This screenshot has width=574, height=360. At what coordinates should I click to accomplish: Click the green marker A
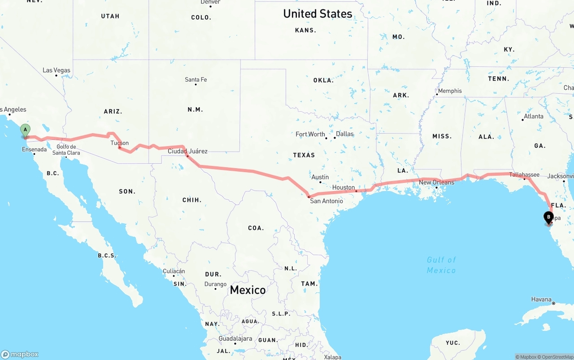coord(26,130)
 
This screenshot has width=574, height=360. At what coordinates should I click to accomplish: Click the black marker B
coord(548,217)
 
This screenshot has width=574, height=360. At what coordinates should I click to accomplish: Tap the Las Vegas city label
coord(57,70)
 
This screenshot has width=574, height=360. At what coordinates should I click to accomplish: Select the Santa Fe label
coord(196,80)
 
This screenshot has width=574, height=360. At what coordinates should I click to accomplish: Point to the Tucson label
coord(120,143)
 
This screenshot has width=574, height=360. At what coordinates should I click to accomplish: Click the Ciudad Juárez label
coord(187,151)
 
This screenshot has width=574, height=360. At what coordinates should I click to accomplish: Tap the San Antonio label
coord(326,201)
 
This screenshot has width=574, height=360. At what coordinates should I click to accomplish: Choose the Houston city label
coord(344,187)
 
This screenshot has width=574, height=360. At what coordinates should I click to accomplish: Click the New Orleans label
coord(436,182)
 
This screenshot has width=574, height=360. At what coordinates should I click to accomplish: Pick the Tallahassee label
coord(524,174)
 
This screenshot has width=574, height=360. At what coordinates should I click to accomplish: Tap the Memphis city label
coord(450,91)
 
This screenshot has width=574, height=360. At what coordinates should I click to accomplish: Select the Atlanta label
coord(534,116)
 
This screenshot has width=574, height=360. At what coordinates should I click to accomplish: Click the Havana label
coord(541,299)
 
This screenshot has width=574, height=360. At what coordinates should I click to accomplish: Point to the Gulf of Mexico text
coord(441,265)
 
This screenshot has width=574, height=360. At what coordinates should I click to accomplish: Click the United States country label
coord(317,14)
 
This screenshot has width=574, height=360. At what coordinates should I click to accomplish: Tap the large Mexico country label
coord(248,290)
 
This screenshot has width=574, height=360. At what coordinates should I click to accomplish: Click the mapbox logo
coord(20,354)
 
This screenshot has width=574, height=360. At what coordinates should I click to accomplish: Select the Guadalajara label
coord(235,338)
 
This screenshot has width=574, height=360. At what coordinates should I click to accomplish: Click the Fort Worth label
coord(310,134)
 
